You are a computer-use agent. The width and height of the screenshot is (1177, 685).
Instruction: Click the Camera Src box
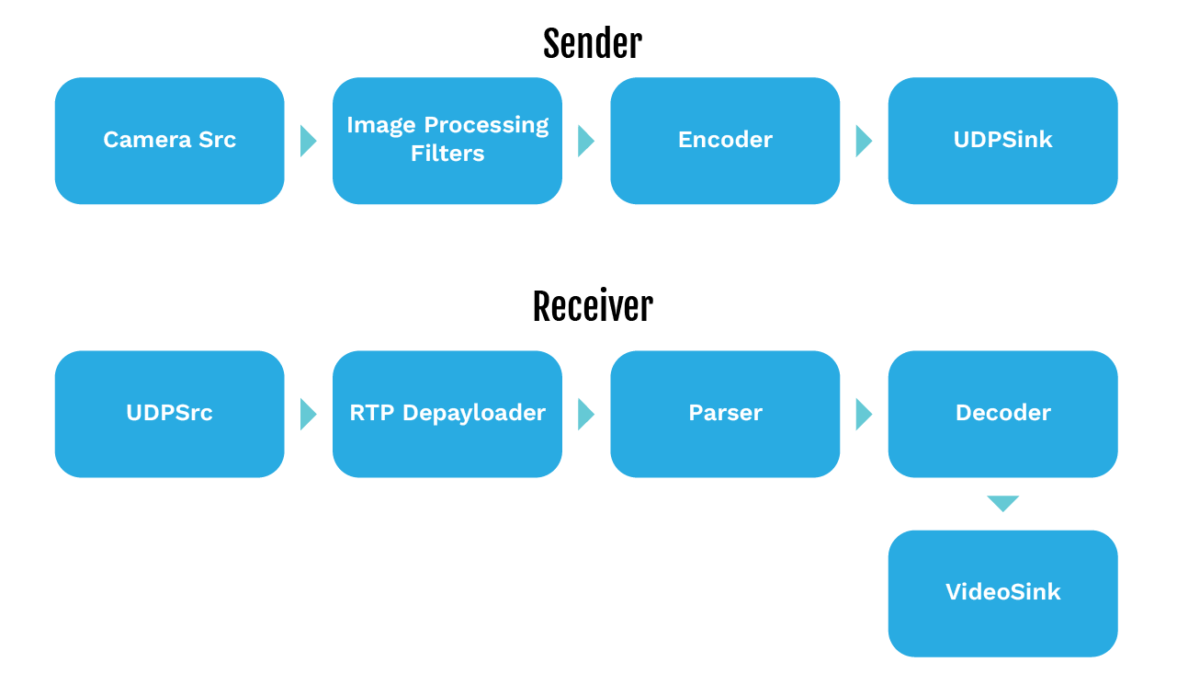pos(169,141)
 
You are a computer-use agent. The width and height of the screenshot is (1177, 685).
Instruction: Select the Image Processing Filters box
pos(447,141)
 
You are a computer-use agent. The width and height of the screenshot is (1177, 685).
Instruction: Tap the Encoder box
pos(725,141)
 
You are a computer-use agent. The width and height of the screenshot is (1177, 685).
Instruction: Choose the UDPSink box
pos(1002,141)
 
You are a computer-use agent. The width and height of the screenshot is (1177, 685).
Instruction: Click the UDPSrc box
pos(169,414)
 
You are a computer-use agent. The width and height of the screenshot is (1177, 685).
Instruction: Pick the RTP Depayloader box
pos(447,414)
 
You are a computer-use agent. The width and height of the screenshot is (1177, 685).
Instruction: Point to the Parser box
pos(725,414)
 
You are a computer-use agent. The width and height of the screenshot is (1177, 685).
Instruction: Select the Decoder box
pos(1002,414)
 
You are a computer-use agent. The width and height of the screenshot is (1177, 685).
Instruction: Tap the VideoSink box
pos(1002,593)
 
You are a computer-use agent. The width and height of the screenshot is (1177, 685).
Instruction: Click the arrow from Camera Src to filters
pos(308,141)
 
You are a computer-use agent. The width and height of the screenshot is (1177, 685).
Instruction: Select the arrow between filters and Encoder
pos(585,141)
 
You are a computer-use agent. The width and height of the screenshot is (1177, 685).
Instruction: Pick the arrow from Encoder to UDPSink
pos(863,141)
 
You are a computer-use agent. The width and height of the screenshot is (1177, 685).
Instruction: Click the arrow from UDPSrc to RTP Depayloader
pos(308,414)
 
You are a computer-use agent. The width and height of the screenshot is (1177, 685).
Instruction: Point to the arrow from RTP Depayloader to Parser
pos(585,414)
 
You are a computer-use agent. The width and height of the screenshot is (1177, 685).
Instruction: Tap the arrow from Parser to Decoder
pos(863,414)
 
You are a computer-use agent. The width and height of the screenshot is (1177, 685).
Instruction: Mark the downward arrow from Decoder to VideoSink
pos(1002,503)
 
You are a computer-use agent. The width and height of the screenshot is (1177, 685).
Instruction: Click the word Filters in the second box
pos(447,154)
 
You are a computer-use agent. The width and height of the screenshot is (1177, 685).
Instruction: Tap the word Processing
pos(485,125)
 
